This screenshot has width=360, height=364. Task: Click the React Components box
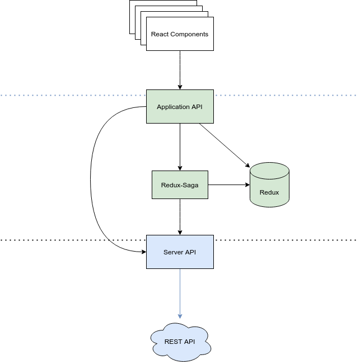(x=180, y=34)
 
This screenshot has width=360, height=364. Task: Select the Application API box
(x=180, y=107)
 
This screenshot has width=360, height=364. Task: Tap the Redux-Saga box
(x=180, y=185)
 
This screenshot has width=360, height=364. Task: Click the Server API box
(x=180, y=252)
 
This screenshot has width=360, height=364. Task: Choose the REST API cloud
(x=180, y=341)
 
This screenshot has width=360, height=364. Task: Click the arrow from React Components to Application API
(x=180, y=70)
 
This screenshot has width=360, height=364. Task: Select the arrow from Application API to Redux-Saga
(x=180, y=146)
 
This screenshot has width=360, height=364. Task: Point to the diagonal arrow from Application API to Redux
(x=224, y=145)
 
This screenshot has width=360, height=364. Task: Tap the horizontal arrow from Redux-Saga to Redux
(x=228, y=185)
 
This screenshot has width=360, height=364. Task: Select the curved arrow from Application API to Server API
(x=91, y=179)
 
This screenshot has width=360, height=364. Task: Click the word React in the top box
(x=160, y=34)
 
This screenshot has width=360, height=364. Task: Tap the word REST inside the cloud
(x=172, y=341)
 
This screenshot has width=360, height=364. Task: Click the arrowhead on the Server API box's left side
(x=143, y=252)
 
